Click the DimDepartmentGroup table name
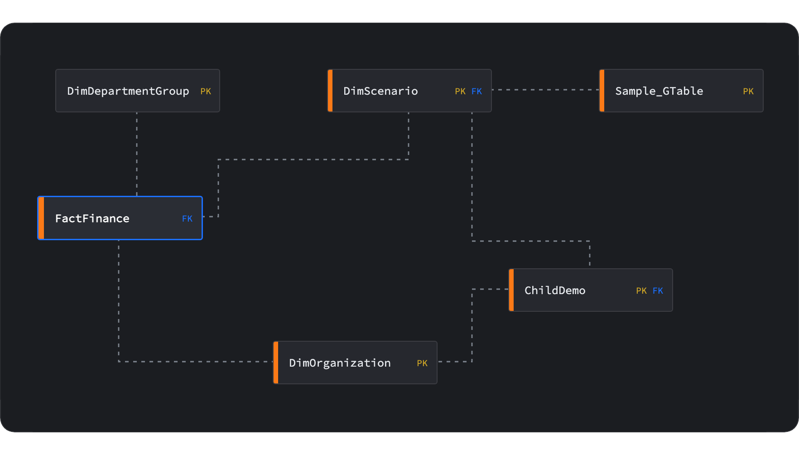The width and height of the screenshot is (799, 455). point(128,91)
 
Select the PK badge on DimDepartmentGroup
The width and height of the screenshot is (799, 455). point(206,92)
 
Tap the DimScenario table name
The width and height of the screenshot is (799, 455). point(380,91)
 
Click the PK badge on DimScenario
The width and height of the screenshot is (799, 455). point(460,92)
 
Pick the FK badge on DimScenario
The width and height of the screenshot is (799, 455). point(477,92)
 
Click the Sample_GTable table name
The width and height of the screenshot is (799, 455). point(659,91)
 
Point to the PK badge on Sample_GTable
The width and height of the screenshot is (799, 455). point(748,92)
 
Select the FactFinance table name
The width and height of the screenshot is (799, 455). point(92,218)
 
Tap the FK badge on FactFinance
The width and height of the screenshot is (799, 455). point(187,219)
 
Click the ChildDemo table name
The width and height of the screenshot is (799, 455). point(555,290)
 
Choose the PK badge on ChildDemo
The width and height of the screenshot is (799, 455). point(641,291)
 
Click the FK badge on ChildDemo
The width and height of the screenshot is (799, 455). point(658,291)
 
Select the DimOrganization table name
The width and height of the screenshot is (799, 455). point(340,363)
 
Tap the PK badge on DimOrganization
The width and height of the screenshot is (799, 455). point(422,363)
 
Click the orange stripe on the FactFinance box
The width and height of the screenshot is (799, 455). point(41,218)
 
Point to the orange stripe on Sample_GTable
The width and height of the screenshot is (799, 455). point(602,91)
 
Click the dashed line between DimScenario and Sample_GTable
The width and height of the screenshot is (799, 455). point(545,90)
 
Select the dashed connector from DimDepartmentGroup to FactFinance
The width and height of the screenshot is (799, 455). point(137,154)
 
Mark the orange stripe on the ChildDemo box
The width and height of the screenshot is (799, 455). point(511,290)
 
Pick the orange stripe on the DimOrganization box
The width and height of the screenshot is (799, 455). point(276,363)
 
